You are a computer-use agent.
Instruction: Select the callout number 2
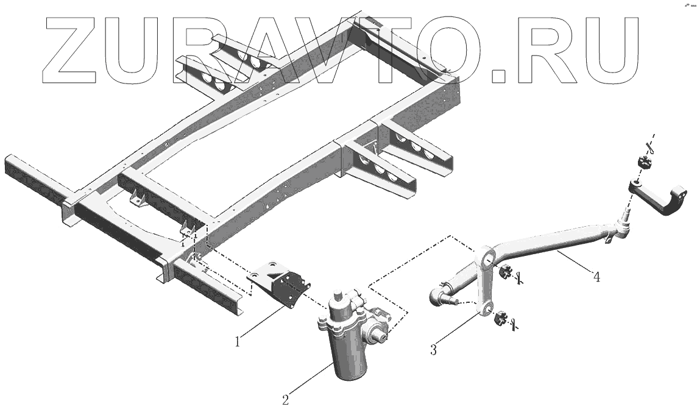click(x=285, y=400)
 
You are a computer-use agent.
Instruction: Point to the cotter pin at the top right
click(x=650, y=146)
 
